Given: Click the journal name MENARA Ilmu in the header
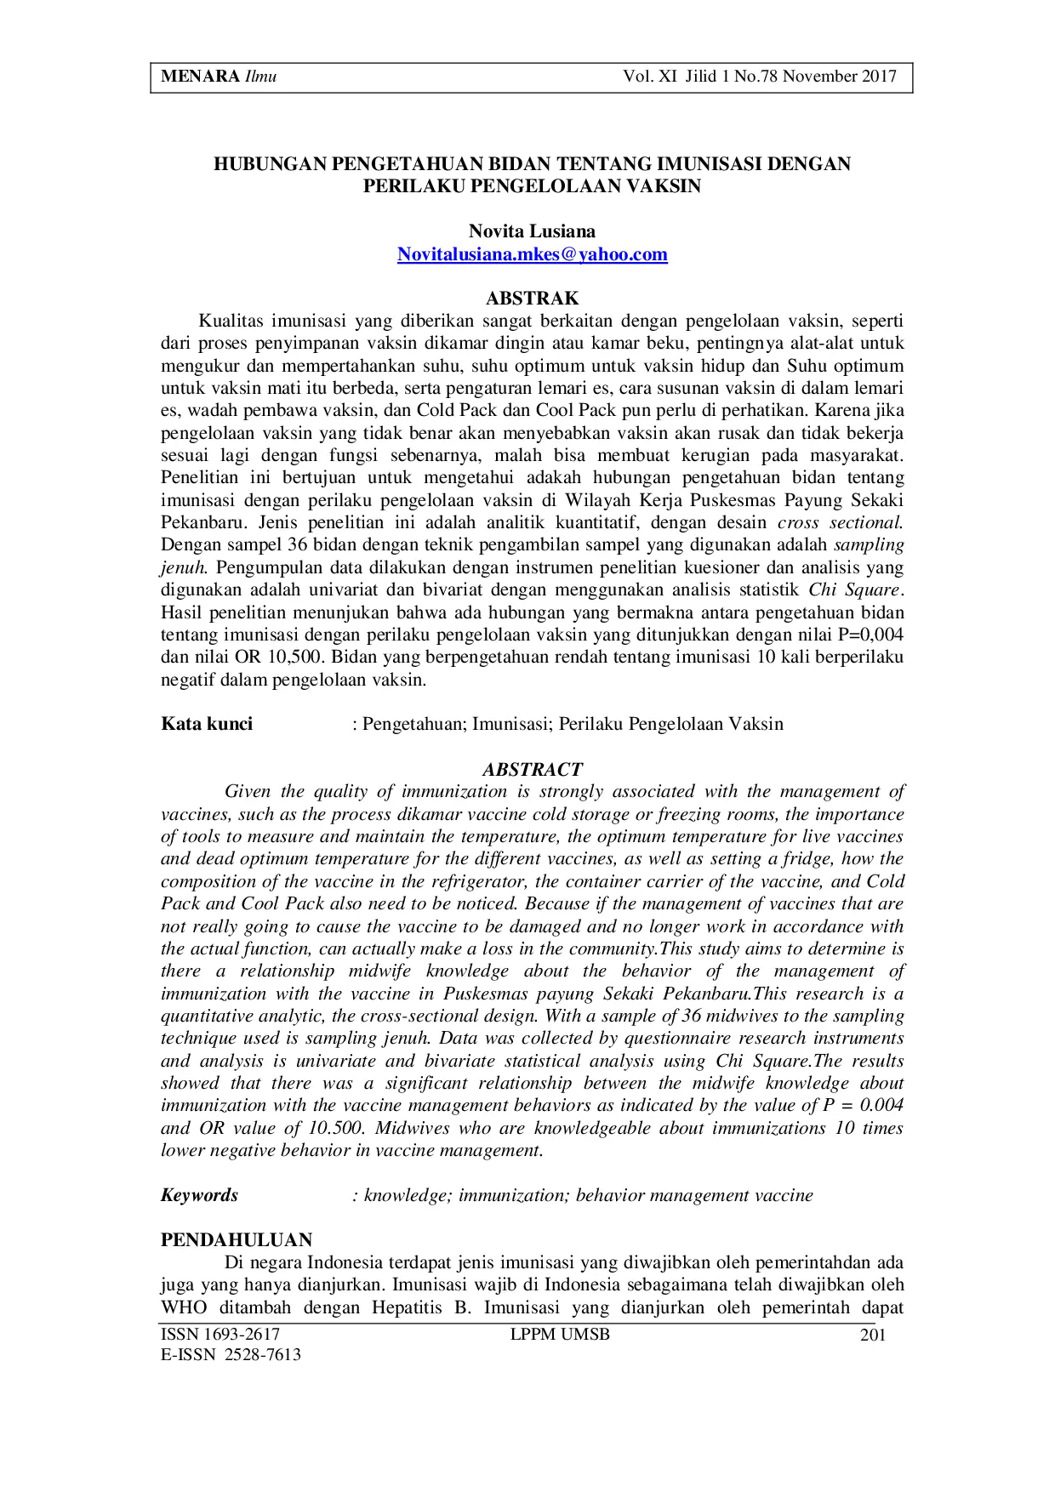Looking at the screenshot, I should pyautogui.click(x=219, y=77).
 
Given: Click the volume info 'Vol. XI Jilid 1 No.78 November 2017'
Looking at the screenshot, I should pyautogui.click(x=759, y=77).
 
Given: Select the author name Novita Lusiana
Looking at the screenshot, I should pyautogui.click(x=532, y=231).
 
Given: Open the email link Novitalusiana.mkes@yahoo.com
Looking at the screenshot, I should pyautogui.click(x=532, y=254).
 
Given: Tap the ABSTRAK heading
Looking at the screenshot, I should pyautogui.click(x=532, y=299).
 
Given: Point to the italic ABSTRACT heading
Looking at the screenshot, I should pyautogui.click(x=532, y=770).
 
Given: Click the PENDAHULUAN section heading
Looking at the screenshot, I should pyautogui.click(x=237, y=1239).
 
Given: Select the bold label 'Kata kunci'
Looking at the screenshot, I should pyautogui.click(x=207, y=724).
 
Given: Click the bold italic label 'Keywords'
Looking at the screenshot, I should pyautogui.click(x=199, y=1195).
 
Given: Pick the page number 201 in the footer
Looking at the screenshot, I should pyautogui.click(x=873, y=1335).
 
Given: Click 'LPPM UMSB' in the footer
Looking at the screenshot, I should pyautogui.click(x=560, y=1335).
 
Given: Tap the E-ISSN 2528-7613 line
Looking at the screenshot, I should pyautogui.click(x=231, y=1355).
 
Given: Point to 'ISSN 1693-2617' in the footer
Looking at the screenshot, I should pyautogui.click(x=220, y=1335).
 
